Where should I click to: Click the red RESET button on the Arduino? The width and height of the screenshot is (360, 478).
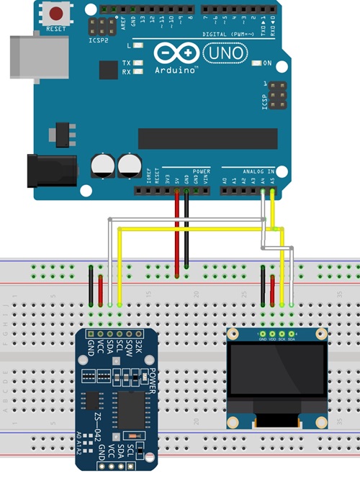[55, 14]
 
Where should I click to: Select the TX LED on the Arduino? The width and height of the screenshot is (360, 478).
[138, 63]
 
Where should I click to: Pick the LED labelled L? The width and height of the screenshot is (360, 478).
[138, 45]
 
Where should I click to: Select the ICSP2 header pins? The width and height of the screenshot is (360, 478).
[102, 27]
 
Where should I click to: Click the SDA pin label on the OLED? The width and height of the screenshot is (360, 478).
[292, 339]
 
